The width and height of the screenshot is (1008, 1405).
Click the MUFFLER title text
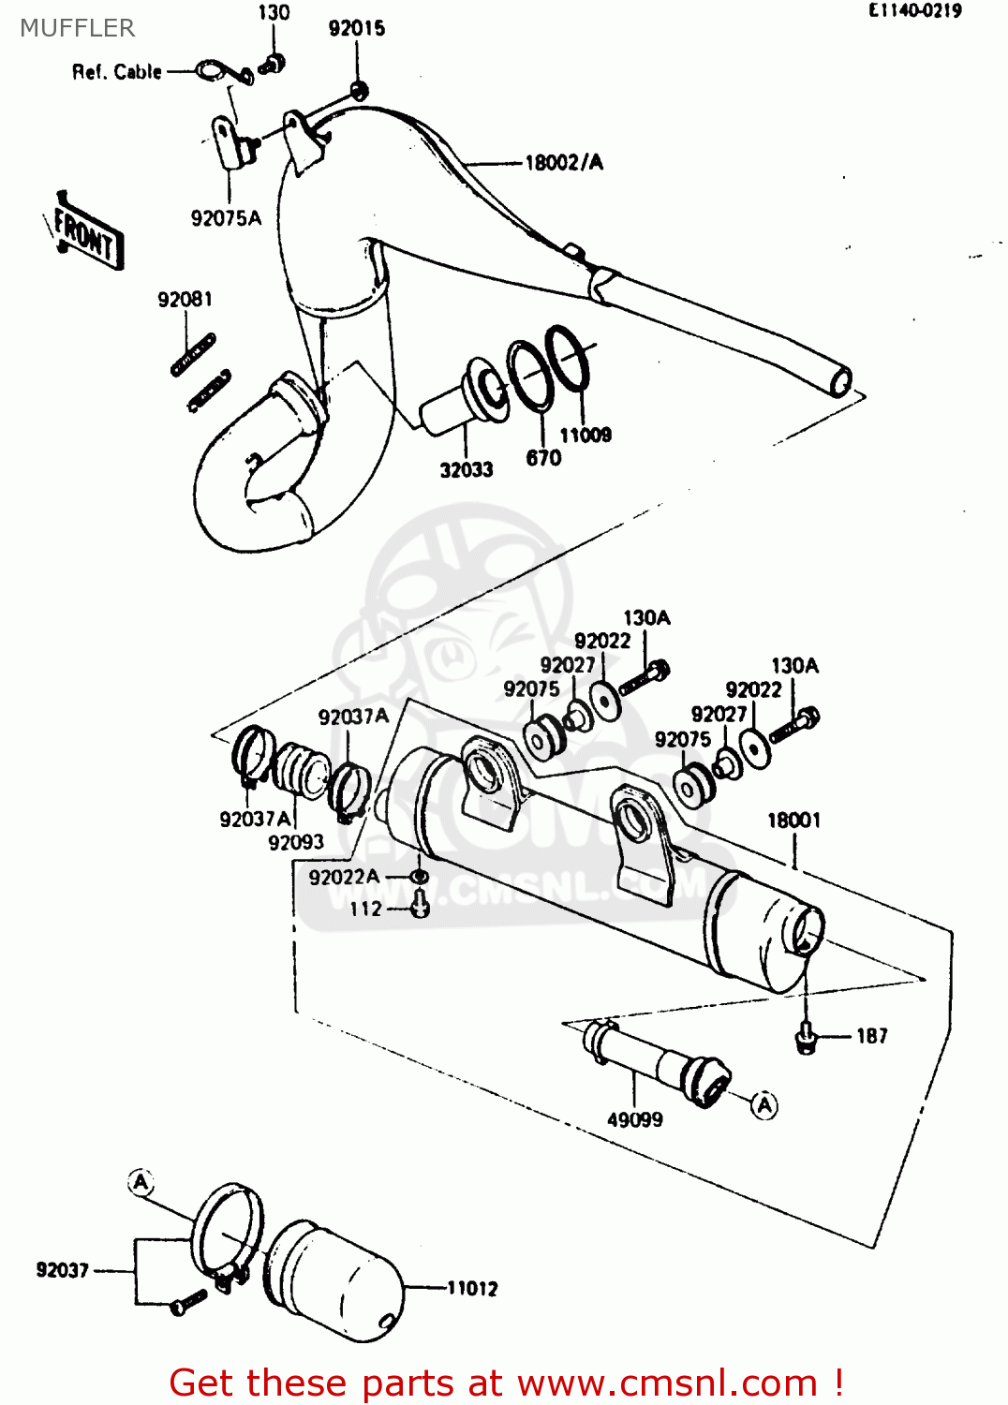tap(77, 28)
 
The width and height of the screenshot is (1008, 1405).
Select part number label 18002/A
tap(563, 163)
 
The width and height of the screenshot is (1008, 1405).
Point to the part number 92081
tap(185, 300)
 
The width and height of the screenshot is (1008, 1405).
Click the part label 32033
tap(467, 470)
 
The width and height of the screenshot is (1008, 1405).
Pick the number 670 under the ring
tap(543, 458)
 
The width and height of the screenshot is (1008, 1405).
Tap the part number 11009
tap(586, 435)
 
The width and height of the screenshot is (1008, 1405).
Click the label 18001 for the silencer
tap(793, 821)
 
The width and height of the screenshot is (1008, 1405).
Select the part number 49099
tap(635, 1119)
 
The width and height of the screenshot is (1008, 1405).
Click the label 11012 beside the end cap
tap(472, 1289)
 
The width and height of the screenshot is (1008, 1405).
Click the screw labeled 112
tap(421, 907)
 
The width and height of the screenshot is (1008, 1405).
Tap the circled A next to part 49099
tap(765, 1105)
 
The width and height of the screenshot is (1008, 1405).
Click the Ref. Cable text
tap(117, 72)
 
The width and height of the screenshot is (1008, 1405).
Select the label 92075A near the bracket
tap(226, 218)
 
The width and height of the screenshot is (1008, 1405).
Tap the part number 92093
tap(296, 843)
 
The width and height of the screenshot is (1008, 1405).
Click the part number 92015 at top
tap(356, 29)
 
